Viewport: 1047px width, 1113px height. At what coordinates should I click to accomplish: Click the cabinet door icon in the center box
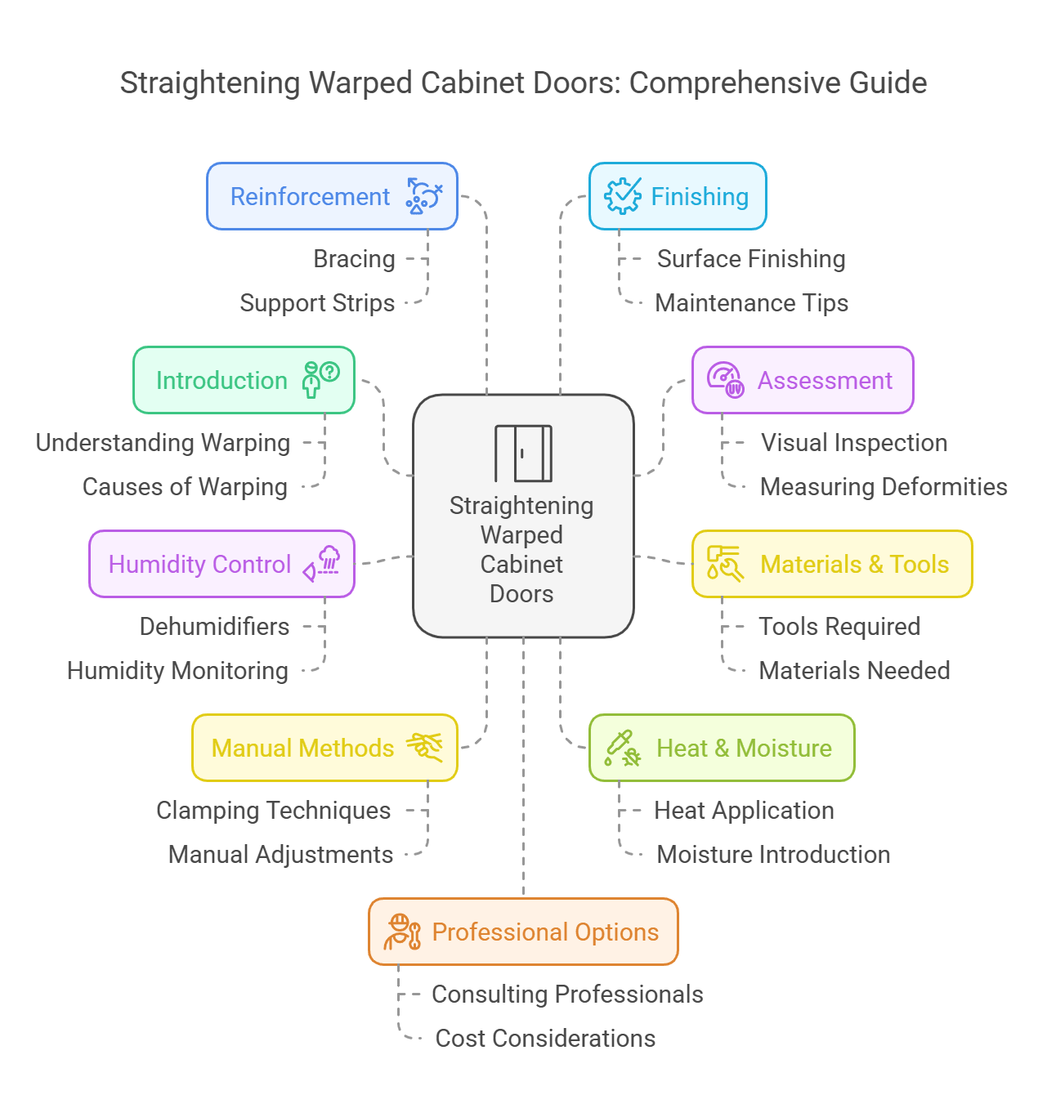tap(523, 453)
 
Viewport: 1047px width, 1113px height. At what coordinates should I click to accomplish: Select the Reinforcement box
tap(332, 196)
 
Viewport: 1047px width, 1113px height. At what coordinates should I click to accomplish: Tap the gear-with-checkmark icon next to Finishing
tap(622, 196)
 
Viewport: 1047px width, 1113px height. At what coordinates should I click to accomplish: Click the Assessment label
tap(825, 381)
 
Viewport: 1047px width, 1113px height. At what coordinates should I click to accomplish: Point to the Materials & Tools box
tap(832, 564)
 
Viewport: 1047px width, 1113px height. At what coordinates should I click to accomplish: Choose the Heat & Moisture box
tap(722, 748)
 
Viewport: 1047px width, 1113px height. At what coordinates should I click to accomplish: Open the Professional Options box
tap(523, 932)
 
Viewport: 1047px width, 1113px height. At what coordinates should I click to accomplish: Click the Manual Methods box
tap(324, 748)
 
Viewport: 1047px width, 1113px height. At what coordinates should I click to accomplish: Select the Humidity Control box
tap(221, 564)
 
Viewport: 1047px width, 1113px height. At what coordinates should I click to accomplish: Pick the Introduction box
tap(244, 380)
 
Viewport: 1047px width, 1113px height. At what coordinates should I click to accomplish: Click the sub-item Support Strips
tap(317, 303)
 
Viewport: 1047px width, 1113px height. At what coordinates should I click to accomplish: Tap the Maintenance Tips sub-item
tap(751, 303)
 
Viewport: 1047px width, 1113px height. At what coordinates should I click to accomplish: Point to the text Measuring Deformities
tap(883, 487)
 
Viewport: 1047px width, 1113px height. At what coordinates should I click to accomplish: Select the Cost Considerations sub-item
tap(545, 1039)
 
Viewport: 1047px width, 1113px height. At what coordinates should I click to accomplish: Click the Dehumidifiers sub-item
tap(214, 627)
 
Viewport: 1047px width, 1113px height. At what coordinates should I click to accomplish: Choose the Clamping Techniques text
tap(273, 811)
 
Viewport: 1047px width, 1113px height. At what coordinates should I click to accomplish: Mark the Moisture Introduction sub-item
tap(773, 855)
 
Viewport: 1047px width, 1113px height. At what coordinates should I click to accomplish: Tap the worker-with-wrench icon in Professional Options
tap(402, 932)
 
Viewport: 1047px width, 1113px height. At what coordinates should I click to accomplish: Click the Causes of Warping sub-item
tap(185, 487)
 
